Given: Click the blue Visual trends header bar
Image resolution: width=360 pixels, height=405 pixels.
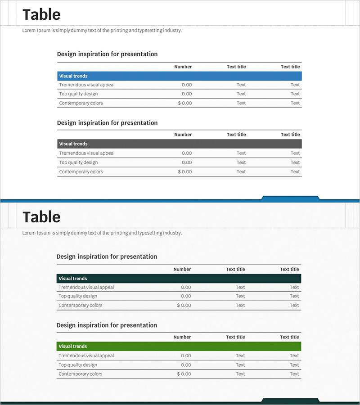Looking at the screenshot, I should pyautogui.click(x=179, y=76).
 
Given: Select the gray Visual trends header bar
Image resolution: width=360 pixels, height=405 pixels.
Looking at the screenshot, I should pyautogui.click(x=179, y=144).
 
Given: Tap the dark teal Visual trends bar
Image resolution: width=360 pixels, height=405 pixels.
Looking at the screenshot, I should pyautogui.click(x=179, y=279).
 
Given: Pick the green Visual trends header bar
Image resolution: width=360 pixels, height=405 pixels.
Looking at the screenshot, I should pyautogui.click(x=179, y=346).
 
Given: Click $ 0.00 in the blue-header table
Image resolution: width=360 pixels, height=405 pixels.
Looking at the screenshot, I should pyautogui.click(x=184, y=103).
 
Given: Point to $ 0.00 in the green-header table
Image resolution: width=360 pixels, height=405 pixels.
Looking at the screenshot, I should pyautogui.click(x=184, y=374).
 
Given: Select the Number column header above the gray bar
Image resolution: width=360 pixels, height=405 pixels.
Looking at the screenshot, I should pyautogui.click(x=183, y=135).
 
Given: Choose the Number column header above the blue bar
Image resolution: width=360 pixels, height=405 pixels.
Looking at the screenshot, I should pyautogui.click(x=183, y=67).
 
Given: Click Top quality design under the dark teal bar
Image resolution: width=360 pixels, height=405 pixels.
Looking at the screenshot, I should pyautogui.click(x=78, y=296).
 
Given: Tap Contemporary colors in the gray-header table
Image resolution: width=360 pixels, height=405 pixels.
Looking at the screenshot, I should pyautogui.click(x=81, y=171).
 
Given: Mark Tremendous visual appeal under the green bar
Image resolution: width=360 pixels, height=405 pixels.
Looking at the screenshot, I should pyautogui.click(x=86, y=355).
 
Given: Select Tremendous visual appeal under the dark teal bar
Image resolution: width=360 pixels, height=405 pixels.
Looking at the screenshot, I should pyautogui.click(x=86, y=287).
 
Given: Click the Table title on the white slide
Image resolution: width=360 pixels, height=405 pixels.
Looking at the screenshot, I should pyautogui.click(x=41, y=14).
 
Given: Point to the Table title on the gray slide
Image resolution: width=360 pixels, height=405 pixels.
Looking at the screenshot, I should pyautogui.click(x=41, y=217).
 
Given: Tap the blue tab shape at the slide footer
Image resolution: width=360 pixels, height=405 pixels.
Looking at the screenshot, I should pyautogui.click(x=290, y=198).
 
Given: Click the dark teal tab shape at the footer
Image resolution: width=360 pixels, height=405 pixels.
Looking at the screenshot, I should pyautogui.click(x=290, y=400).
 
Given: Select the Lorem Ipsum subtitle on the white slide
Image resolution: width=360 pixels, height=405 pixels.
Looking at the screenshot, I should pyautogui.click(x=102, y=31).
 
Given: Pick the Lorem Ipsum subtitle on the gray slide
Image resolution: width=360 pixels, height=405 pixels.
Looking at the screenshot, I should pyautogui.click(x=102, y=233).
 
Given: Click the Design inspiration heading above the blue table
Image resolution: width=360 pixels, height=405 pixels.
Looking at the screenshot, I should pyautogui.click(x=107, y=54).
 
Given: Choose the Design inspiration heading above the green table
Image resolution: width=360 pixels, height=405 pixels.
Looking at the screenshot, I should pyautogui.click(x=107, y=325).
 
